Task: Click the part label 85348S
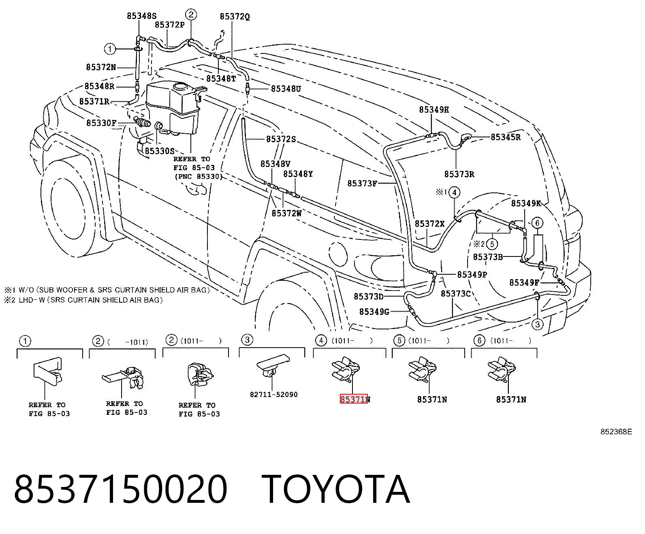[142, 16]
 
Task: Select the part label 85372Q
[235, 17]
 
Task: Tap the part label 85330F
[101, 123]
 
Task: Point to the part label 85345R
[506, 137]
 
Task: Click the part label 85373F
[362, 184]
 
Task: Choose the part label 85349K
[526, 203]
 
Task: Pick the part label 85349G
[374, 312]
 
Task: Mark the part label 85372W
[287, 213]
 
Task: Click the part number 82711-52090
[274, 395]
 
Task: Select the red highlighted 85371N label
[354, 399]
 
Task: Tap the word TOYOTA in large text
[336, 490]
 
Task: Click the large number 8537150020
[120, 490]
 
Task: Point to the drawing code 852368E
[616, 432]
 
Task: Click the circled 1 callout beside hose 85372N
[110, 49]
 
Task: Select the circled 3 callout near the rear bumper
[538, 325]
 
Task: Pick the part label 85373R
[459, 174]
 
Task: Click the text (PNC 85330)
[199, 177]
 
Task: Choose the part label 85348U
[286, 89]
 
